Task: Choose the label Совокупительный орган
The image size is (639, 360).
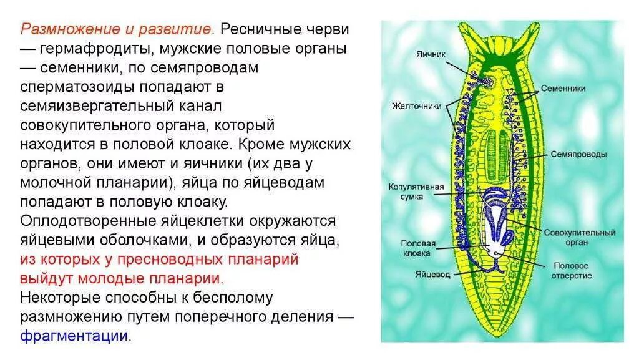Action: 579,237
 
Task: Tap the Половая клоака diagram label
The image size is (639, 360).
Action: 417,248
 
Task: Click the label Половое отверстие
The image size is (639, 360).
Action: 573,270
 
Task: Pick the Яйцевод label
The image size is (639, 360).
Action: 429,274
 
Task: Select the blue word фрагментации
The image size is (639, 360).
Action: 74,336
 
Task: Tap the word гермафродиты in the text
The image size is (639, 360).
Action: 95,48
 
